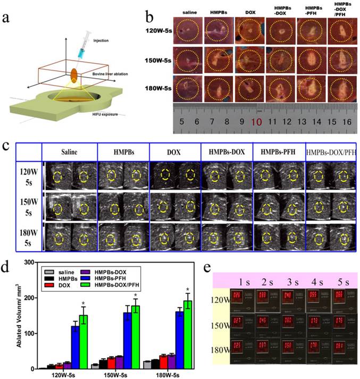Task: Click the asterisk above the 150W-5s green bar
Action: [136, 296]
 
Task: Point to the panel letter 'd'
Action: [8, 267]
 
